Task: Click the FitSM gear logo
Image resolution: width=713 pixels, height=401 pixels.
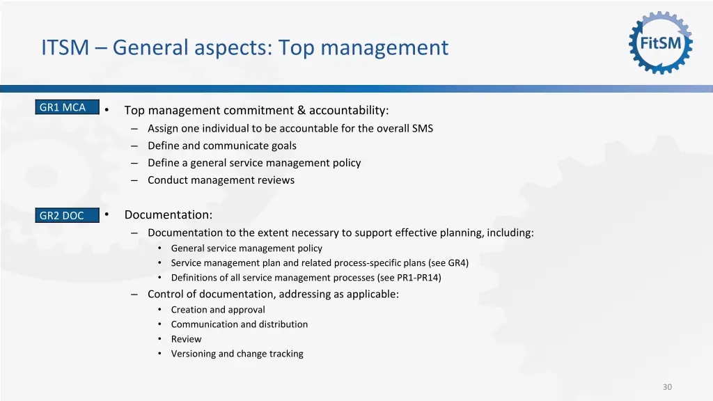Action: pyautogui.click(x=661, y=43)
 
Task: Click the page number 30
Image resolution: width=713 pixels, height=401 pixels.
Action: pyautogui.click(x=667, y=387)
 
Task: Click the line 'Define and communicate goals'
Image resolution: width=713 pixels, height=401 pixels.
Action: pyautogui.click(x=221, y=146)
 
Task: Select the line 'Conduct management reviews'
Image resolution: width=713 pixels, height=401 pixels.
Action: pyautogui.click(x=221, y=180)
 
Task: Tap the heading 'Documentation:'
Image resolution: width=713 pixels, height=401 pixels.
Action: pyautogui.click(x=169, y=215)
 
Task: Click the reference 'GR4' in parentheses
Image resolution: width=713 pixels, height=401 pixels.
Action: pyautogui.click(x=457, y=263)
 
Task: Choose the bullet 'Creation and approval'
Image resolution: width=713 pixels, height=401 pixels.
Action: pyautogui.click(x=218, y=310)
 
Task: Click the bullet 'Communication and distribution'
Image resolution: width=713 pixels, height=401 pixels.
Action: pyautogui.click(x=239, y=324)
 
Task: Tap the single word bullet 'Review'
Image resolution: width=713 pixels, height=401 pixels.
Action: pyautogui.click(x=186, y=339)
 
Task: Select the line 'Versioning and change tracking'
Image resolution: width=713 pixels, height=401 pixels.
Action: pyautogui.click(x=237, y=354)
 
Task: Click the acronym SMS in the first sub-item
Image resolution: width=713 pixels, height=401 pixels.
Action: pyautogui.click(x=422, y=128)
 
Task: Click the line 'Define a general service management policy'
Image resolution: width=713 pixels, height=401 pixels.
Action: pyautogui.click(x=254, y=163)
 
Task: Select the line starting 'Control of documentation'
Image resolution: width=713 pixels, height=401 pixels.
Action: pyautogui.click(x=273, y=294)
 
